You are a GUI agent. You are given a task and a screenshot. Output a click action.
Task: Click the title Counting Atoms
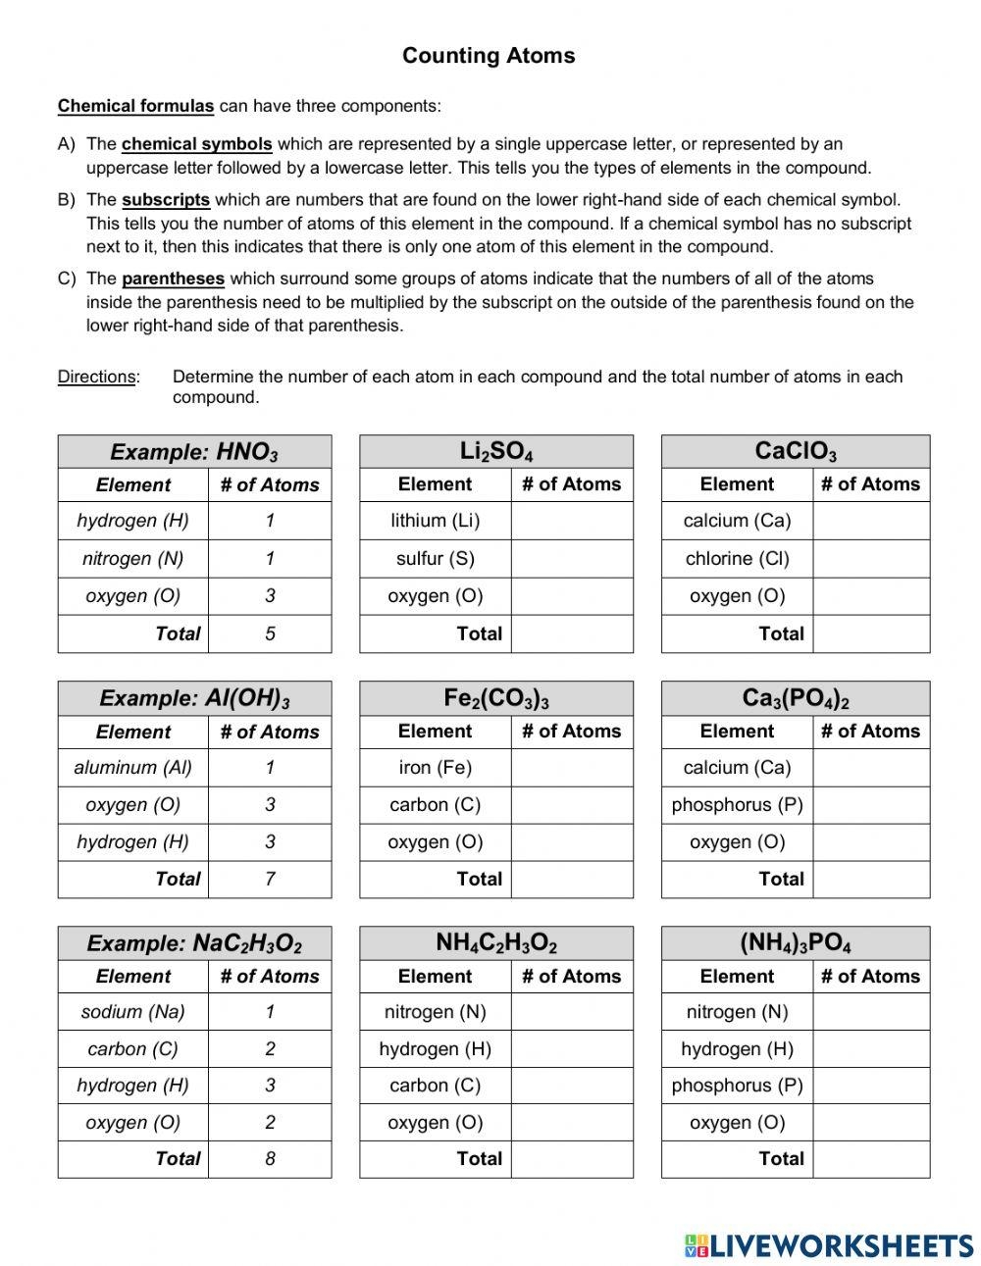489,56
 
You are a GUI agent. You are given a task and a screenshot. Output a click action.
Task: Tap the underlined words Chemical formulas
135,106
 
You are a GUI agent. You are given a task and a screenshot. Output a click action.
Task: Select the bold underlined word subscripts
166,200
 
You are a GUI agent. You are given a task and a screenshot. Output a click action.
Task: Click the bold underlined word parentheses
173,279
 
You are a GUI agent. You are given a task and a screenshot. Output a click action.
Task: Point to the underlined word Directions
96,377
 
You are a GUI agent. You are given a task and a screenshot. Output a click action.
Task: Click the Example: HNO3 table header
194,452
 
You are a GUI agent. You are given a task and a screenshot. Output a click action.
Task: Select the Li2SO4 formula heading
496,451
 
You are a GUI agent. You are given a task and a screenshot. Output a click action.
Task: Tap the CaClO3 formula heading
796,451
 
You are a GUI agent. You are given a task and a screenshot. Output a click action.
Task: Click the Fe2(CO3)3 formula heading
496,698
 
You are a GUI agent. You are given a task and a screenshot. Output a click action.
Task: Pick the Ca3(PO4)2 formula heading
796,698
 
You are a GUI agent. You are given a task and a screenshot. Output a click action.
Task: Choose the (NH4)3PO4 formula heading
796,943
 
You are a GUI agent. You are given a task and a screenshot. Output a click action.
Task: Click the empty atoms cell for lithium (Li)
572,521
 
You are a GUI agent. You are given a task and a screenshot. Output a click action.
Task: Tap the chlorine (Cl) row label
737,559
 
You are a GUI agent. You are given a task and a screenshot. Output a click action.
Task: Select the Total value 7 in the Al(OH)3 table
270,880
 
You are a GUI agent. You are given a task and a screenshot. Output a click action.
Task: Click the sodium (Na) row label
133,1012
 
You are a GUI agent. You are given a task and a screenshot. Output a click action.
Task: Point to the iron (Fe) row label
435,768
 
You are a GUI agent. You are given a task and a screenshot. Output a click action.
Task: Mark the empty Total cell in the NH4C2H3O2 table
572,1159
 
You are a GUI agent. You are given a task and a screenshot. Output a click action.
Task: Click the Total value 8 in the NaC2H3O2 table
270,1159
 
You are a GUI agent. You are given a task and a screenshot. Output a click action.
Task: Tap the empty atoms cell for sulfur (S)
572,559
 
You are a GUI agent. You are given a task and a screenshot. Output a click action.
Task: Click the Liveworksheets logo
829,1245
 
